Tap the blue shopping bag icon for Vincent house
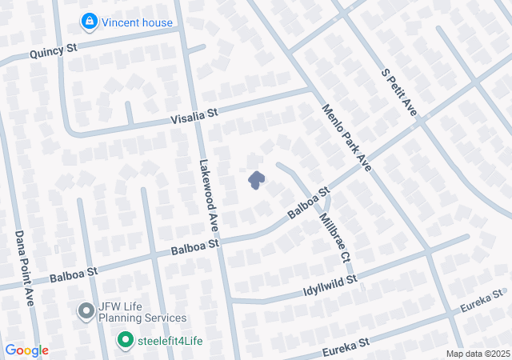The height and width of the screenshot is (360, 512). pos(90,20)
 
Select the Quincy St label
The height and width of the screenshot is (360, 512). pos(53,51)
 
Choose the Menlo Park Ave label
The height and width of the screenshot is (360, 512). pos(348,137)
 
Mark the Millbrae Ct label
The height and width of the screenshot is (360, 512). pos(334,238)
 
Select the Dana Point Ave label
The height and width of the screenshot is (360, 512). pos(24,269)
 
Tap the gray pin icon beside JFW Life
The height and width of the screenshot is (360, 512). pos(86,310)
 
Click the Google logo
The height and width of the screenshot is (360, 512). pos(26,350)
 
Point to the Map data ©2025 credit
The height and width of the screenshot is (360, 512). pos(477,354)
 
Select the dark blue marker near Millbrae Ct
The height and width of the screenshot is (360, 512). pos(256,180)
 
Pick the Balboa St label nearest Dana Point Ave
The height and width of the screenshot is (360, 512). pos(73,274)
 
